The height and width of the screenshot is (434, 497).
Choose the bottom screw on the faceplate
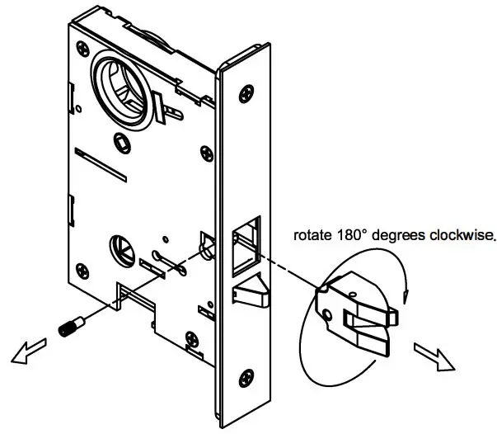[245, 379]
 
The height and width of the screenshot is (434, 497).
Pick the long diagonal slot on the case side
[99, 164]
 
